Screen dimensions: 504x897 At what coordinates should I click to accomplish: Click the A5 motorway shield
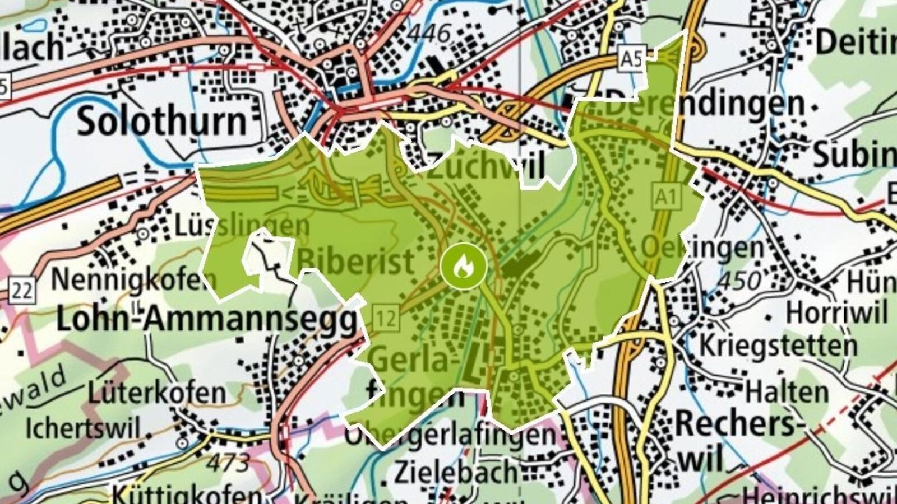tap(632, 59)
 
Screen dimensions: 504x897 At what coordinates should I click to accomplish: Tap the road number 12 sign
tap(386, 318)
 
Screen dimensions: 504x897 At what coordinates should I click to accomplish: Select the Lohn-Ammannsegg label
tap(206, 320)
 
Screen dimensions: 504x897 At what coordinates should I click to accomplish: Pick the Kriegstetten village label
tap(778, 345)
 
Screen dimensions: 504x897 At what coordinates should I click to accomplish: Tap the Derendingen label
tap(705, 104)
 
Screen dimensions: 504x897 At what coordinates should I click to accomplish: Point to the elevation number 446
tap(429, 34)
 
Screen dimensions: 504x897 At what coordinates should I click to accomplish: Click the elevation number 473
tap(228, 463)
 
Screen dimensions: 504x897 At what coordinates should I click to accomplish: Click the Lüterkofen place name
tap(156, 394)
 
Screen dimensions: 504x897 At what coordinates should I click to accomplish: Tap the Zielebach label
tap(455, 472)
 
